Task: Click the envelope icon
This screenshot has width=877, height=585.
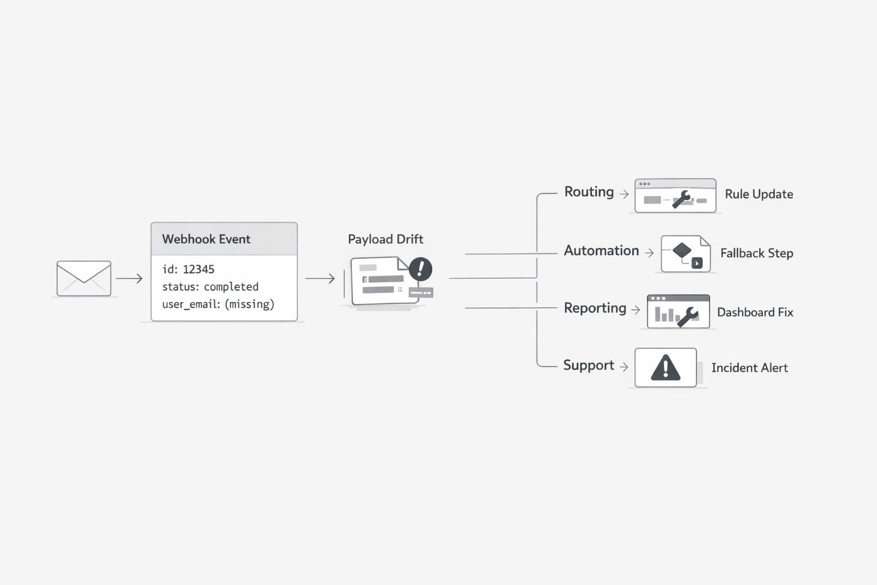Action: tap(84, 278)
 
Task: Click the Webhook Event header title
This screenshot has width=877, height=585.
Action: tap(206, 239)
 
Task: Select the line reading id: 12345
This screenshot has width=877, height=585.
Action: tap(188, 269)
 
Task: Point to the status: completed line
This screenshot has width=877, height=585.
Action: tap(210, 287)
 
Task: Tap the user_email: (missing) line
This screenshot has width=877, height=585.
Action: tap(218, 304)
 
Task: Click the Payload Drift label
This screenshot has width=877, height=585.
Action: tap(385, 239)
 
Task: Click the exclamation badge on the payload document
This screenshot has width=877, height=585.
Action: tap(421, 269)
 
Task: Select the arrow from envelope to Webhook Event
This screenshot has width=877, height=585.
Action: tap(129, 278)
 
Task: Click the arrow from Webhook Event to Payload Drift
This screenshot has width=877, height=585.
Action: tap(320, 278)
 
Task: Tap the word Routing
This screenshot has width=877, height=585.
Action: tap(589, 192)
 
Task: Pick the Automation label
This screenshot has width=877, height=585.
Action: tap(601, 251)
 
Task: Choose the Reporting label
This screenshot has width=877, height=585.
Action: tap(595, 308)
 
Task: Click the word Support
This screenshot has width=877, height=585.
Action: tap(589, 366)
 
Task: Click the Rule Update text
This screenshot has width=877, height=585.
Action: tap(759, 194)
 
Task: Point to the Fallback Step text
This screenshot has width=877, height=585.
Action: tap(757, 253)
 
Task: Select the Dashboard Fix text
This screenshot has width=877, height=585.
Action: tap(755, 312)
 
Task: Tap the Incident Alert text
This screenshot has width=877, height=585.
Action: tap(749, 368)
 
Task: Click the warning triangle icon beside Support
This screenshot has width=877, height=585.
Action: tap(666, 368)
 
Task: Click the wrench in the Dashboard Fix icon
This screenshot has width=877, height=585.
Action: tap(688, 316)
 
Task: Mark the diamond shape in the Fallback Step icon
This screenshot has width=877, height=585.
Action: tap(682, 250)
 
